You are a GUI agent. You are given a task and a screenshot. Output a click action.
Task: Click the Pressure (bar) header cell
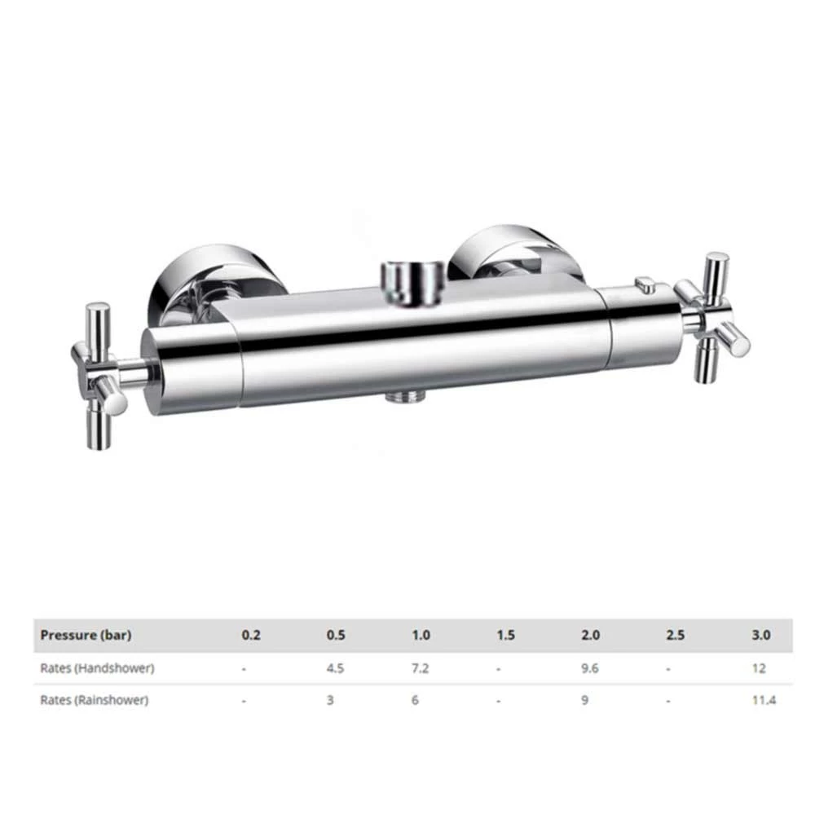[x=86, y=636]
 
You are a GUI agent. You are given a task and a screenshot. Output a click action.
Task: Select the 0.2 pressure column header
[x=251, y=636]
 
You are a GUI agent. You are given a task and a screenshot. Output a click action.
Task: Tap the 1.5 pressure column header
[x=506, y=636]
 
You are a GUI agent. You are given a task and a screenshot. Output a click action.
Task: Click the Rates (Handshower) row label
[x=97, y=668]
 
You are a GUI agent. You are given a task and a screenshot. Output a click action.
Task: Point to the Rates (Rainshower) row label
[x=95, y=700]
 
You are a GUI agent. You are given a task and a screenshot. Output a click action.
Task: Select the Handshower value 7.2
[x=421, y=668]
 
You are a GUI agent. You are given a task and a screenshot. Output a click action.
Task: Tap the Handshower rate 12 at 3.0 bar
[x=760, y=668]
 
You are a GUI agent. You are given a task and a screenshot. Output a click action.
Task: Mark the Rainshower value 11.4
[x=760, y=700]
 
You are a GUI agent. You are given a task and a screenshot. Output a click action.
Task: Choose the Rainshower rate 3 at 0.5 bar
[x=330, y=700]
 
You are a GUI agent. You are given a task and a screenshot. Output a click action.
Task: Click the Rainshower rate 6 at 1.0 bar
[x=415, y=700]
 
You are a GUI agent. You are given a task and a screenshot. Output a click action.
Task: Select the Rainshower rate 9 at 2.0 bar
[x=584, y=700]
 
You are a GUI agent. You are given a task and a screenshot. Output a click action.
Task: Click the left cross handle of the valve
[x=99, y=375]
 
